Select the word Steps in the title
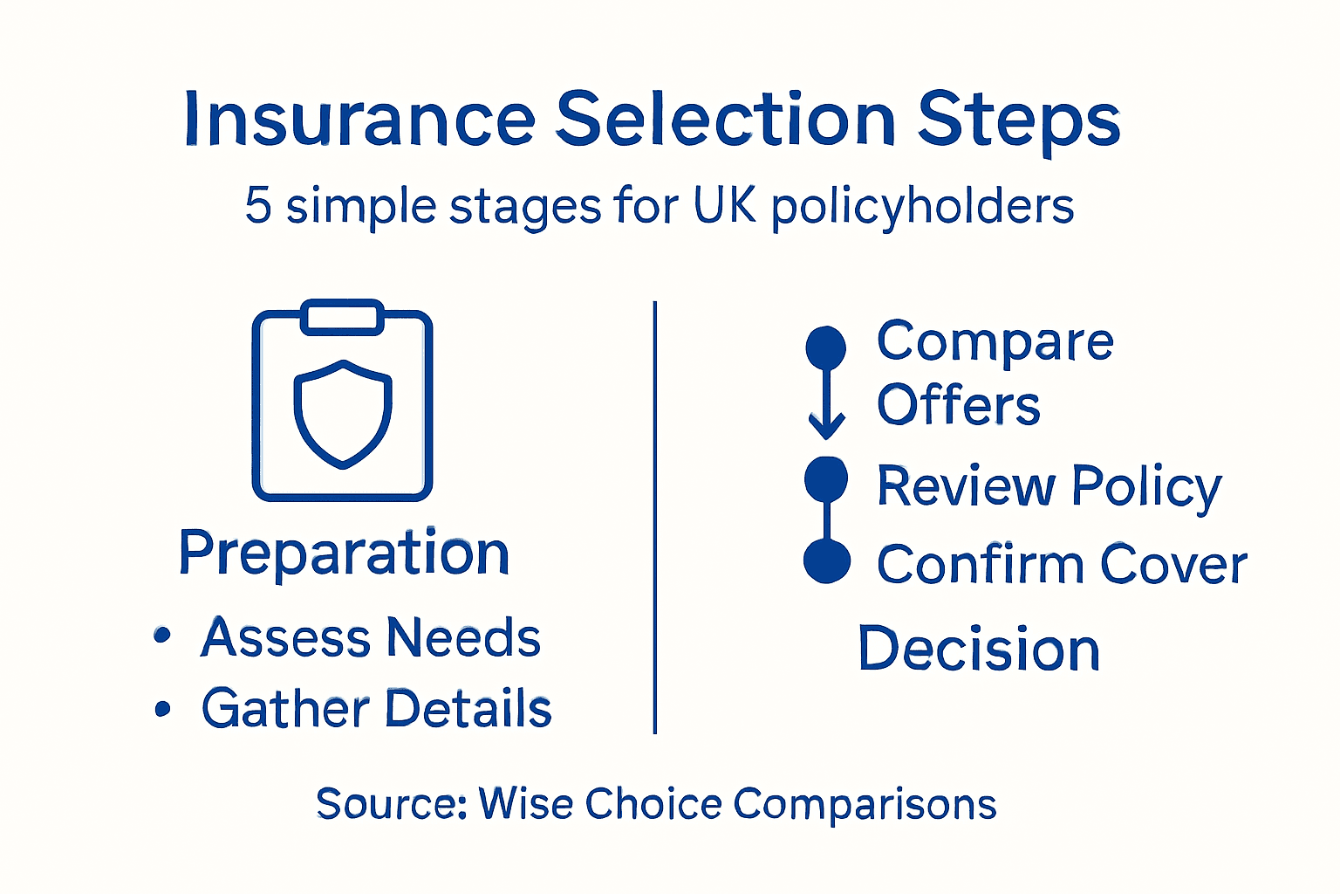pos(1018,120)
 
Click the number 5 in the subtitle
pos(258,206)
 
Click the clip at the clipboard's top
pos(342,317)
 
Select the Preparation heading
pos(344,554)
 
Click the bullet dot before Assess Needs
pos(161,636)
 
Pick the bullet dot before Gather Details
pos(162,708)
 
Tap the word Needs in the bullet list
pos(463,637)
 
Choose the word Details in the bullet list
pos(468,708)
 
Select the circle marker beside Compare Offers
pos(826,347)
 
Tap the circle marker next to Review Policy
pos(826,478)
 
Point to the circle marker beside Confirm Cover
pos(826,560)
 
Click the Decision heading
pos(979,649)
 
